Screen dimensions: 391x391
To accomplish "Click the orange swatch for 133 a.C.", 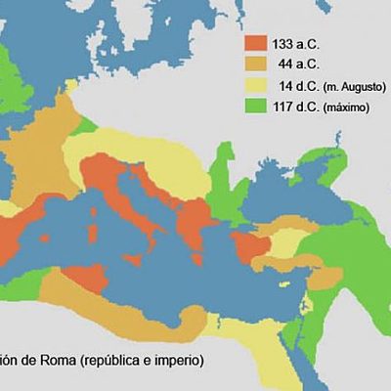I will click(255, 43).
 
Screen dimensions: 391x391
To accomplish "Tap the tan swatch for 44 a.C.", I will click(255, 65).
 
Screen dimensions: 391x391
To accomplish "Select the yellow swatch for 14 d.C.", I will click(255, 86).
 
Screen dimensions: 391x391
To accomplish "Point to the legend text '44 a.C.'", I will click(297, 65).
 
